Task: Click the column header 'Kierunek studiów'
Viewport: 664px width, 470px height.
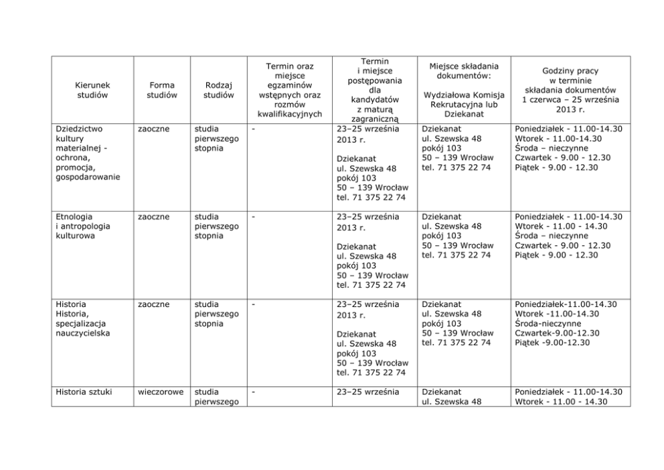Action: [x=92, y=90]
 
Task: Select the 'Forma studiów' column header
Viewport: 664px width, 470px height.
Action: [x=161, y=90]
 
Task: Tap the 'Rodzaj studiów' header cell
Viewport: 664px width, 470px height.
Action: [x=218, y=90]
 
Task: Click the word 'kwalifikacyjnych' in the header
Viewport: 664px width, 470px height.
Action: [x=290, y=114]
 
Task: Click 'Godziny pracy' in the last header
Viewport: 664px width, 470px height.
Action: [x=570, y=70]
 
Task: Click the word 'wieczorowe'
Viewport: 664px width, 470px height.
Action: [x=161, y=392]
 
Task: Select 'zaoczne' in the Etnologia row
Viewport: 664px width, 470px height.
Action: [x=153, y=217]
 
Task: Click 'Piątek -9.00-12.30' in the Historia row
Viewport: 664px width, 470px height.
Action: [x=552, y=343]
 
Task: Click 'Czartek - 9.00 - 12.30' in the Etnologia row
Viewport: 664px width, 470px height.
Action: [x=562, y=245]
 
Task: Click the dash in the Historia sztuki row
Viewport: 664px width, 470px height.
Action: [x=253, y=392]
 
